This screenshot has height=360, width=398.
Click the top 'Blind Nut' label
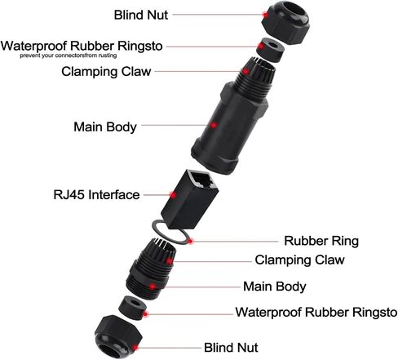pos(141,15)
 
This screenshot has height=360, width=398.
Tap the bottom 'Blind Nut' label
pos(231,348)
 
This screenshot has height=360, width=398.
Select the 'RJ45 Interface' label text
pos(96,195)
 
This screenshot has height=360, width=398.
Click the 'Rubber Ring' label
pos(321,241)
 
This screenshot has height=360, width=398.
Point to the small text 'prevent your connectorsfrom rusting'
pos(69,56)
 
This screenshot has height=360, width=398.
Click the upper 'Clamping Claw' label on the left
pos(106,72)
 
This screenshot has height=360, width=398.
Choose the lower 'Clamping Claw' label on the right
pos(299,260)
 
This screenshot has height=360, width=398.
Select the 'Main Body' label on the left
pos(105,127)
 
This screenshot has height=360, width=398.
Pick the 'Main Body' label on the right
pos(275,287)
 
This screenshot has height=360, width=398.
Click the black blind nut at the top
pos(285,22)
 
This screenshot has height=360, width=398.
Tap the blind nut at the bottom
pos(118,337)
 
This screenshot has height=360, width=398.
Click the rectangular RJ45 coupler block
pos(190,200)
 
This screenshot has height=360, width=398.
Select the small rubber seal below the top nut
pos(270,51)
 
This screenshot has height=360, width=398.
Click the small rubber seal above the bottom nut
pos(132,309)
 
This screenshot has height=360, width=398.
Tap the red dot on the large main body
pos(214,126)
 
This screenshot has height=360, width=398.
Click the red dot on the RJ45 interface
pos(172,195)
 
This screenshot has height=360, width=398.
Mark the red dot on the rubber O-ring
pos(191,241)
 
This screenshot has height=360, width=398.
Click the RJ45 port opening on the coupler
pos(202,180)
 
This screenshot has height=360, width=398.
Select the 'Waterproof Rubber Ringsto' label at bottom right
pos(316,312)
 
